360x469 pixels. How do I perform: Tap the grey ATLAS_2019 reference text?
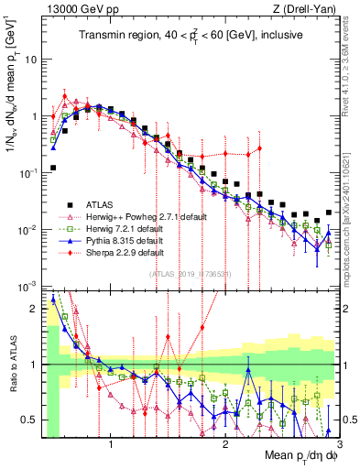pos(191,274)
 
